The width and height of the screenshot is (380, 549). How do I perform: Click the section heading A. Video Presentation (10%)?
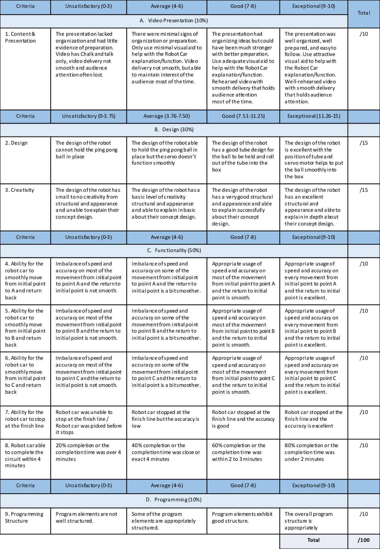[174, 21]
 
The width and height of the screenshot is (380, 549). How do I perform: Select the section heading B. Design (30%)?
[174, 130]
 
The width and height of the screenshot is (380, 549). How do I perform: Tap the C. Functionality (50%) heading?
[174, 250]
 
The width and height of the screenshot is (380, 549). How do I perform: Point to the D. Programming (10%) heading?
[174, 500]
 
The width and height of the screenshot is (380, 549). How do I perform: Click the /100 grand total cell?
[363, 540]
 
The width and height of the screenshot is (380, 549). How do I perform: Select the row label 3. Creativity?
[19, 190]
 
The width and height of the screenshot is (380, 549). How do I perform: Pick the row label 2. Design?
[16, 143]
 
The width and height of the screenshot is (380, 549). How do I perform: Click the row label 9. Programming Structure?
[24, 517]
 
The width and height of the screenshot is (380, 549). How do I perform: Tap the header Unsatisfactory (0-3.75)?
[89, 116]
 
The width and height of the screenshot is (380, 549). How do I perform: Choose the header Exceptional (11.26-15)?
[314, 116]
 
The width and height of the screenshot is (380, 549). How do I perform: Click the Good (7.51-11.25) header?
[243, 116]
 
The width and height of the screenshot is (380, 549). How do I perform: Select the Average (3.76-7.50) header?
[166, 116]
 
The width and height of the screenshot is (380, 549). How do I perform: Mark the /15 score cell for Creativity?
[364, 190]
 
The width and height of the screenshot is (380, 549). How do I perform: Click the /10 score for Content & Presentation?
[364, 34]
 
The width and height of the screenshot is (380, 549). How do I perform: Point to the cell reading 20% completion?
[88, 452]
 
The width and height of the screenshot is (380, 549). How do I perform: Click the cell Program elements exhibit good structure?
[242, 517]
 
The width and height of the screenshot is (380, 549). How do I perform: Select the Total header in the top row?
[364, 13]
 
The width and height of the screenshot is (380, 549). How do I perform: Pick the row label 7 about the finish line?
[25, 419]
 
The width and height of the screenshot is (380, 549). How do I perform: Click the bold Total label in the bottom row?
[313, 540]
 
